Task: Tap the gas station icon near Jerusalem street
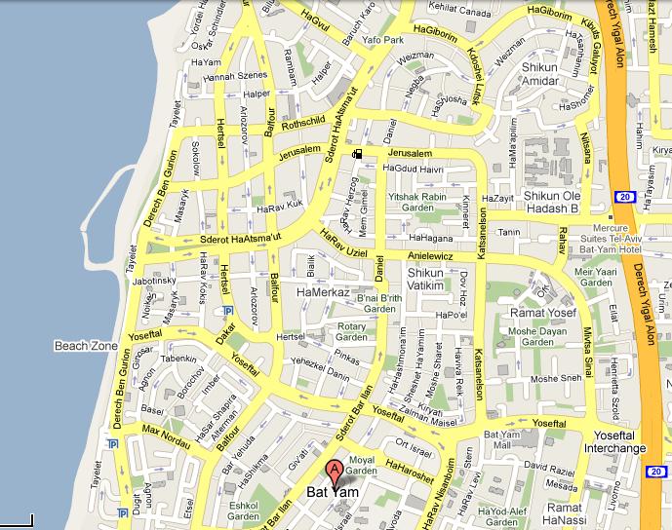(359, 153)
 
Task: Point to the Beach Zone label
(85, 344)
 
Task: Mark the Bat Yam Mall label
(504, 439)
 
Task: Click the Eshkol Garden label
(243, 512)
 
